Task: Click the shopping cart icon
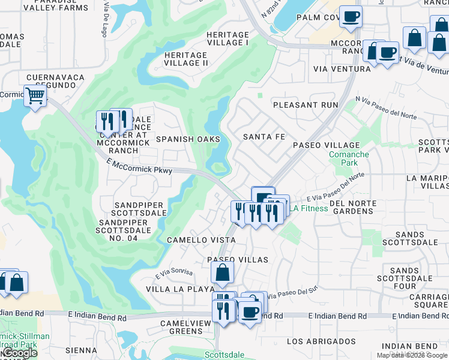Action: (x=35, y=95)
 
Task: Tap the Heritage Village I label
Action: (x=228, y=39)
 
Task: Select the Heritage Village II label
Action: (x=185, y=59)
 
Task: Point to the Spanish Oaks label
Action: (x=184, y=139)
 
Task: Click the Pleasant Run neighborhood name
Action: (x=306, y=104)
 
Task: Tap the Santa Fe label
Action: (x=264, y=137)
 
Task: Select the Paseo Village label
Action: (x=326, y=145)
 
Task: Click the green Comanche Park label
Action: (x=349, y=158)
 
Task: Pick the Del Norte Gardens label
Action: (x=345, y=207)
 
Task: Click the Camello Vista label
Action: (x=201, y=239)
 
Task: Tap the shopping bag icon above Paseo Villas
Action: (x=222, y=272)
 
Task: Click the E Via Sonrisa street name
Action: (x=174, y=274)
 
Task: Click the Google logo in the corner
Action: (x=19, y=353)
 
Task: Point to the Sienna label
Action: (x=81, y=350)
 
